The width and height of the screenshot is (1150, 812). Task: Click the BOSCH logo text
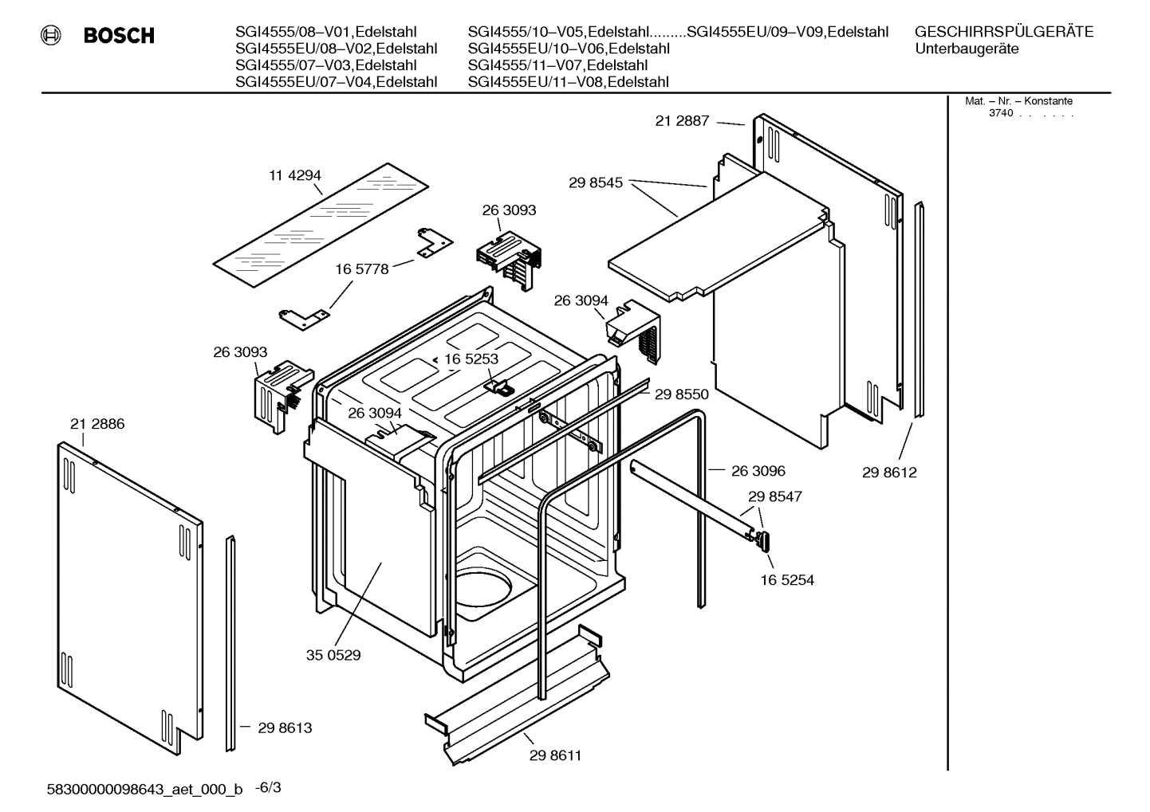[x=118, y=36]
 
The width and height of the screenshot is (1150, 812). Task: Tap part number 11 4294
[x=294, y=175]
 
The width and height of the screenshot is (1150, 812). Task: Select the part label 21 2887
[x=682, y=121]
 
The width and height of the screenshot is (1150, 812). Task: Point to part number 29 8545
[x=596, y=182]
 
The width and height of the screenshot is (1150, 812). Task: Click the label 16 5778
[x=361, y=269]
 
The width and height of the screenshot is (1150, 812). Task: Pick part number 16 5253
[x=471, y=359]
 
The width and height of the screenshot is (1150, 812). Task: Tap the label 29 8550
[x=681, y=394]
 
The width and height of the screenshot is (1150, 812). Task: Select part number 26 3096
[x=758, y=471]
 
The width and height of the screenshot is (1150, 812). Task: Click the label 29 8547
[x=774, y=496]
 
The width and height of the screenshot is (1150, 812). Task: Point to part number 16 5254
[x=787, y=580]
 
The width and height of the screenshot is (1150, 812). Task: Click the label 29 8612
[x=889, y=473]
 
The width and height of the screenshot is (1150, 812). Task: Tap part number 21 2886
[x=97, y=424]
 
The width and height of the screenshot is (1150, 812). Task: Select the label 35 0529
[x=333, y=655]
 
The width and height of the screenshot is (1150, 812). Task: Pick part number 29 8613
[x=285, y=728]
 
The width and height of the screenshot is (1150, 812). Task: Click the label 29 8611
[x=555, y=755]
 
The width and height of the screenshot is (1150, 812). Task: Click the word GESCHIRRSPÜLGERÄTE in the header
[x=1003, y=32]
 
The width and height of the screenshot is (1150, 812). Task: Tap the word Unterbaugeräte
[x=966, y=49]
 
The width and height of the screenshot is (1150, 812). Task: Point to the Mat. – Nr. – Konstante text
[x=1018, y=101]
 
